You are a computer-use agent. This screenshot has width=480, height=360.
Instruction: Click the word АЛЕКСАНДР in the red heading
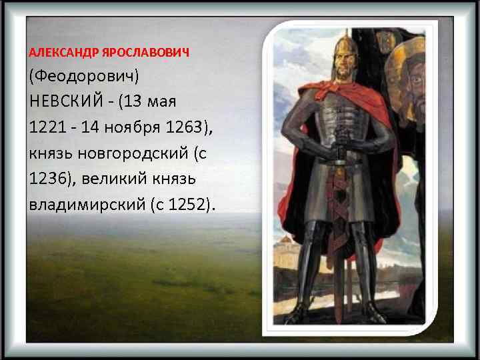[x=57, y=53]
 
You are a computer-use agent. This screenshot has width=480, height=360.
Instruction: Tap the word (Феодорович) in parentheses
[x=83, y=79]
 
